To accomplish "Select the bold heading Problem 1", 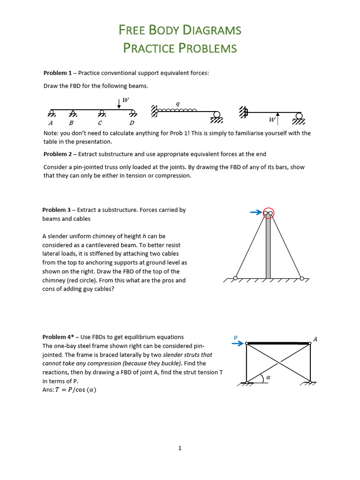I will coord(57,73).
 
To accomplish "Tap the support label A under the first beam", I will coord(51,123).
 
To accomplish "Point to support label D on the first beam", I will coord(132,123).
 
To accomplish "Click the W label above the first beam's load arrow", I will coord(125,100).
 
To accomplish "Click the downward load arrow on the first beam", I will coord(119,104).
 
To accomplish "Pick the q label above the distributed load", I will coord(177,104).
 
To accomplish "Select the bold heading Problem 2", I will coord(57,154).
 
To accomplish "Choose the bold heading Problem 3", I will coord(57,210).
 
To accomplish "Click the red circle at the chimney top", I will coord(268,213).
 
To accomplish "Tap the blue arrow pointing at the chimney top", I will coord(256,212).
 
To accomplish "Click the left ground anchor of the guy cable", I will coord(235,278).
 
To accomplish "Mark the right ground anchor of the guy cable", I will coord(302,278).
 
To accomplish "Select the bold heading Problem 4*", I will coord(59,337).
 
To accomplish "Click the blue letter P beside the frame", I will coord(236,337).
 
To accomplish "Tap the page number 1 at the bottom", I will coord(180,448).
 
